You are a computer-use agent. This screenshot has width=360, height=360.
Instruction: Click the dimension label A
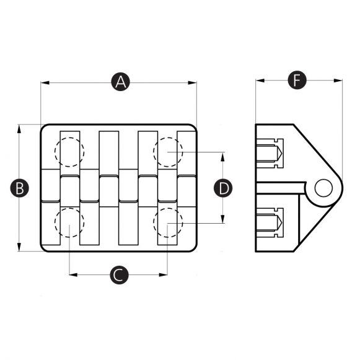click(x=120, y=81)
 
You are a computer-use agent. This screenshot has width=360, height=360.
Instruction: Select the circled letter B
click(x=20, y=188)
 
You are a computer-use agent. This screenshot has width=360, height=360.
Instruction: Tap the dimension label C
click(x=119, y=274)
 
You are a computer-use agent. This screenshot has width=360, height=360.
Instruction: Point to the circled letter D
click(x=223, y=188)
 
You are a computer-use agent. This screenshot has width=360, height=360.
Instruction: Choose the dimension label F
click(x=299, y=80)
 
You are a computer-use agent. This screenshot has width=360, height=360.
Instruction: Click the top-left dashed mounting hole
click(x=68, y=152)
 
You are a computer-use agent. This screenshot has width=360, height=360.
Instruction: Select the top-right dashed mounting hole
click(x=168, y=152)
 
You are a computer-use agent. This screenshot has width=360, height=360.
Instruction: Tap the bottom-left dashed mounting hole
click(x=68, y=223)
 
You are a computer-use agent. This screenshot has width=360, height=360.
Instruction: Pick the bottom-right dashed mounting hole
click(x=168, y=223)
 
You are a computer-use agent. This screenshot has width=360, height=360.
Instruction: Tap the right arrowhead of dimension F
click(x=339, y=80)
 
